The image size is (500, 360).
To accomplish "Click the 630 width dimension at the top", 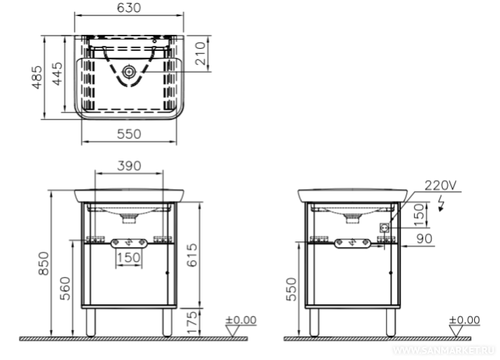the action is tap(128, 8).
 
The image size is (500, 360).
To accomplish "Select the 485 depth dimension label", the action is tap(37, 77).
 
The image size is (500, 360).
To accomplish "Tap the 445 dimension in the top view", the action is tap(57, 73).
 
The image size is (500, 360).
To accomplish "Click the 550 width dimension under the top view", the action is tap(128, 134).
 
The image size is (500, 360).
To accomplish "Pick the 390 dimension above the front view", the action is tap(128, 166).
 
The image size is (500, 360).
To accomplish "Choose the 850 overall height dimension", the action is tap(44, 264).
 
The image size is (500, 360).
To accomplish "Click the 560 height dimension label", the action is tap(65, 288).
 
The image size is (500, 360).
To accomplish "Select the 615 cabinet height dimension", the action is tap(192, 255).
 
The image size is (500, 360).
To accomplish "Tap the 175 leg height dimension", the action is tap(192, 322).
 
